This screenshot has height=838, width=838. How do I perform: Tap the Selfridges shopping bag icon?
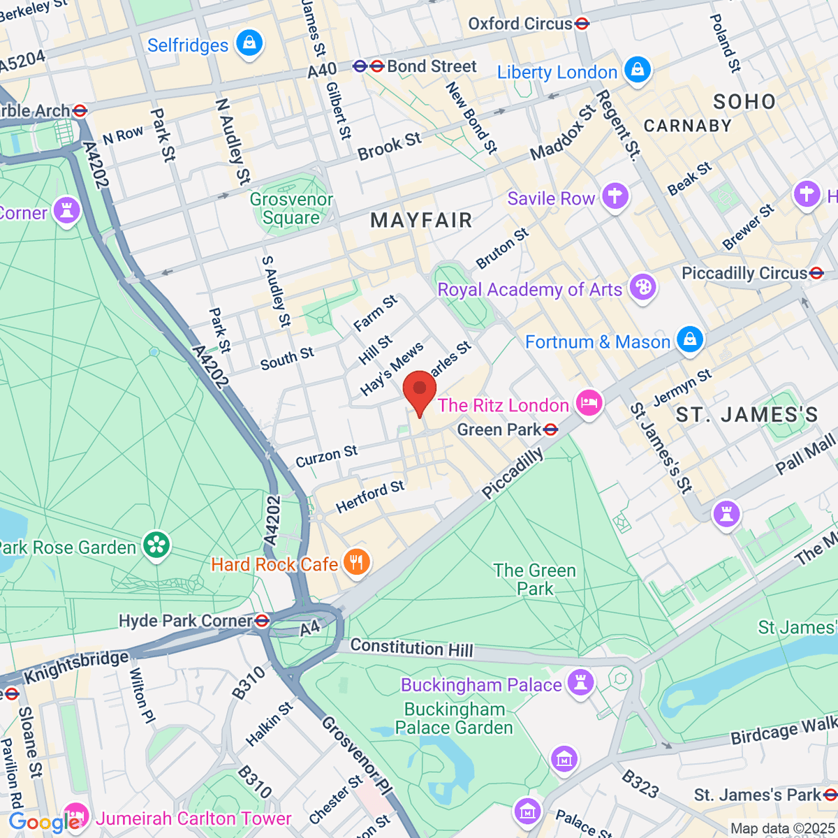(x=249, y=44)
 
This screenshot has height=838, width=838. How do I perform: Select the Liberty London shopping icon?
(x=638, y=71)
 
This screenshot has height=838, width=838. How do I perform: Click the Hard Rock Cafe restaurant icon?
(x=357, y=563)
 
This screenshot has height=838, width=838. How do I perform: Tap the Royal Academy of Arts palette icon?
(x=642, y=288)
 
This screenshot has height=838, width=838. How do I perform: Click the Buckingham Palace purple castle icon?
(x=580, y=683)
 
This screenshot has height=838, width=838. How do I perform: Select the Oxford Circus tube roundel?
(x=582, y=24)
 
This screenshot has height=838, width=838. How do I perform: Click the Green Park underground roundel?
(x=551, y=429)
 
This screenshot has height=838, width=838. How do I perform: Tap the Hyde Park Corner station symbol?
(x=263, y=620)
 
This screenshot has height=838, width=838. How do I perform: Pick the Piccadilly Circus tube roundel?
(x=816, y=273)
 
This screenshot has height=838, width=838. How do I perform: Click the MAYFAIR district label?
(x=421, y=221)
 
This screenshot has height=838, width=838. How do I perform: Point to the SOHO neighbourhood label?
(x=744, y=102)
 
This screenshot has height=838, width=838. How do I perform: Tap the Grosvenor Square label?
(x=291, y=209)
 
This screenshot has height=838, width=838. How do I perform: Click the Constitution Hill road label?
(x=411, y=647)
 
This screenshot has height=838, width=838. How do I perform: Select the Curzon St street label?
(x=326, y=457)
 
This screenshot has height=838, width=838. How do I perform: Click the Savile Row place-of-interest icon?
(x=615, y=197)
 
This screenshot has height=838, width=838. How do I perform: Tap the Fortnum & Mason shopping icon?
(x=690, y=341)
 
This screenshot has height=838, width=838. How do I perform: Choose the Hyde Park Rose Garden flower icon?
(x=156, y=546)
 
